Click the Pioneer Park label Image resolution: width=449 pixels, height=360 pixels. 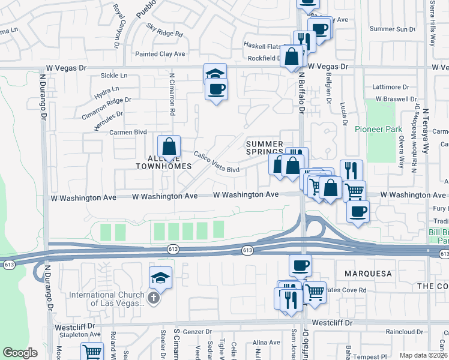pyautogui.click(x=378, y=129)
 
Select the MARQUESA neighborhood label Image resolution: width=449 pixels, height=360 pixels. pyautogui.click(x=367, y=274)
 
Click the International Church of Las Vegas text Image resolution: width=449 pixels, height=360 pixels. pyautogui.click(x=106, y=299)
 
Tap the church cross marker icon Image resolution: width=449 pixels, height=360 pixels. pyautogui.click(x=154, y=298)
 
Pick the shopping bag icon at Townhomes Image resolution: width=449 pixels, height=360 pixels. pyautogui.click(x=169, y=147)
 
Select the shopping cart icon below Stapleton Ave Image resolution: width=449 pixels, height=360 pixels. pyautogui.click(x=92, y=352)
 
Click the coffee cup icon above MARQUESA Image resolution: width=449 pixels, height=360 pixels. pyautogui.click(x=300, y=265)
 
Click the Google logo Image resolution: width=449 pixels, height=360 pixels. pyautogui.click(x=20, y=353)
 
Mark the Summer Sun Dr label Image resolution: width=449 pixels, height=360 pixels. pyautogui.click(x=393, y=29)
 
